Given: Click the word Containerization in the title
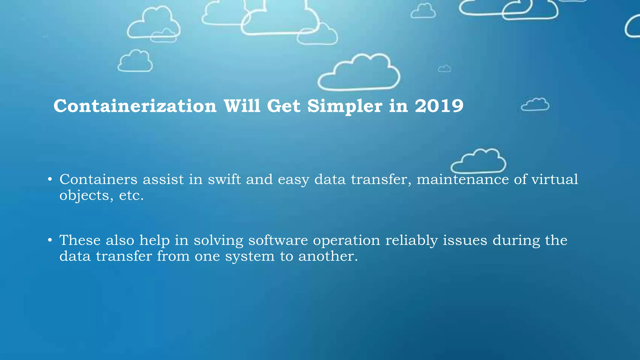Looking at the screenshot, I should point(135,106).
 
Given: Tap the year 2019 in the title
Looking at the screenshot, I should point(439,106).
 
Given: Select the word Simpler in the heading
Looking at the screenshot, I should point(345,107).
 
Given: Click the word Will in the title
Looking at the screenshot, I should point(242,106).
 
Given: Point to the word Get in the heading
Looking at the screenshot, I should point(284,106).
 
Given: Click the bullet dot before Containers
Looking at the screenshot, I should point(50,180).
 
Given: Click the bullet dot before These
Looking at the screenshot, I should point(50,240).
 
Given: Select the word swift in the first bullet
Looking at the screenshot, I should point(224,179).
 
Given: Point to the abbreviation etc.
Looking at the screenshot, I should point(131,196).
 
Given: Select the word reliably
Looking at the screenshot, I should point(411,241).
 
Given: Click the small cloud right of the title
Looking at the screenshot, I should point(535,104).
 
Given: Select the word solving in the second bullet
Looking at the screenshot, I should point(218,241).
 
